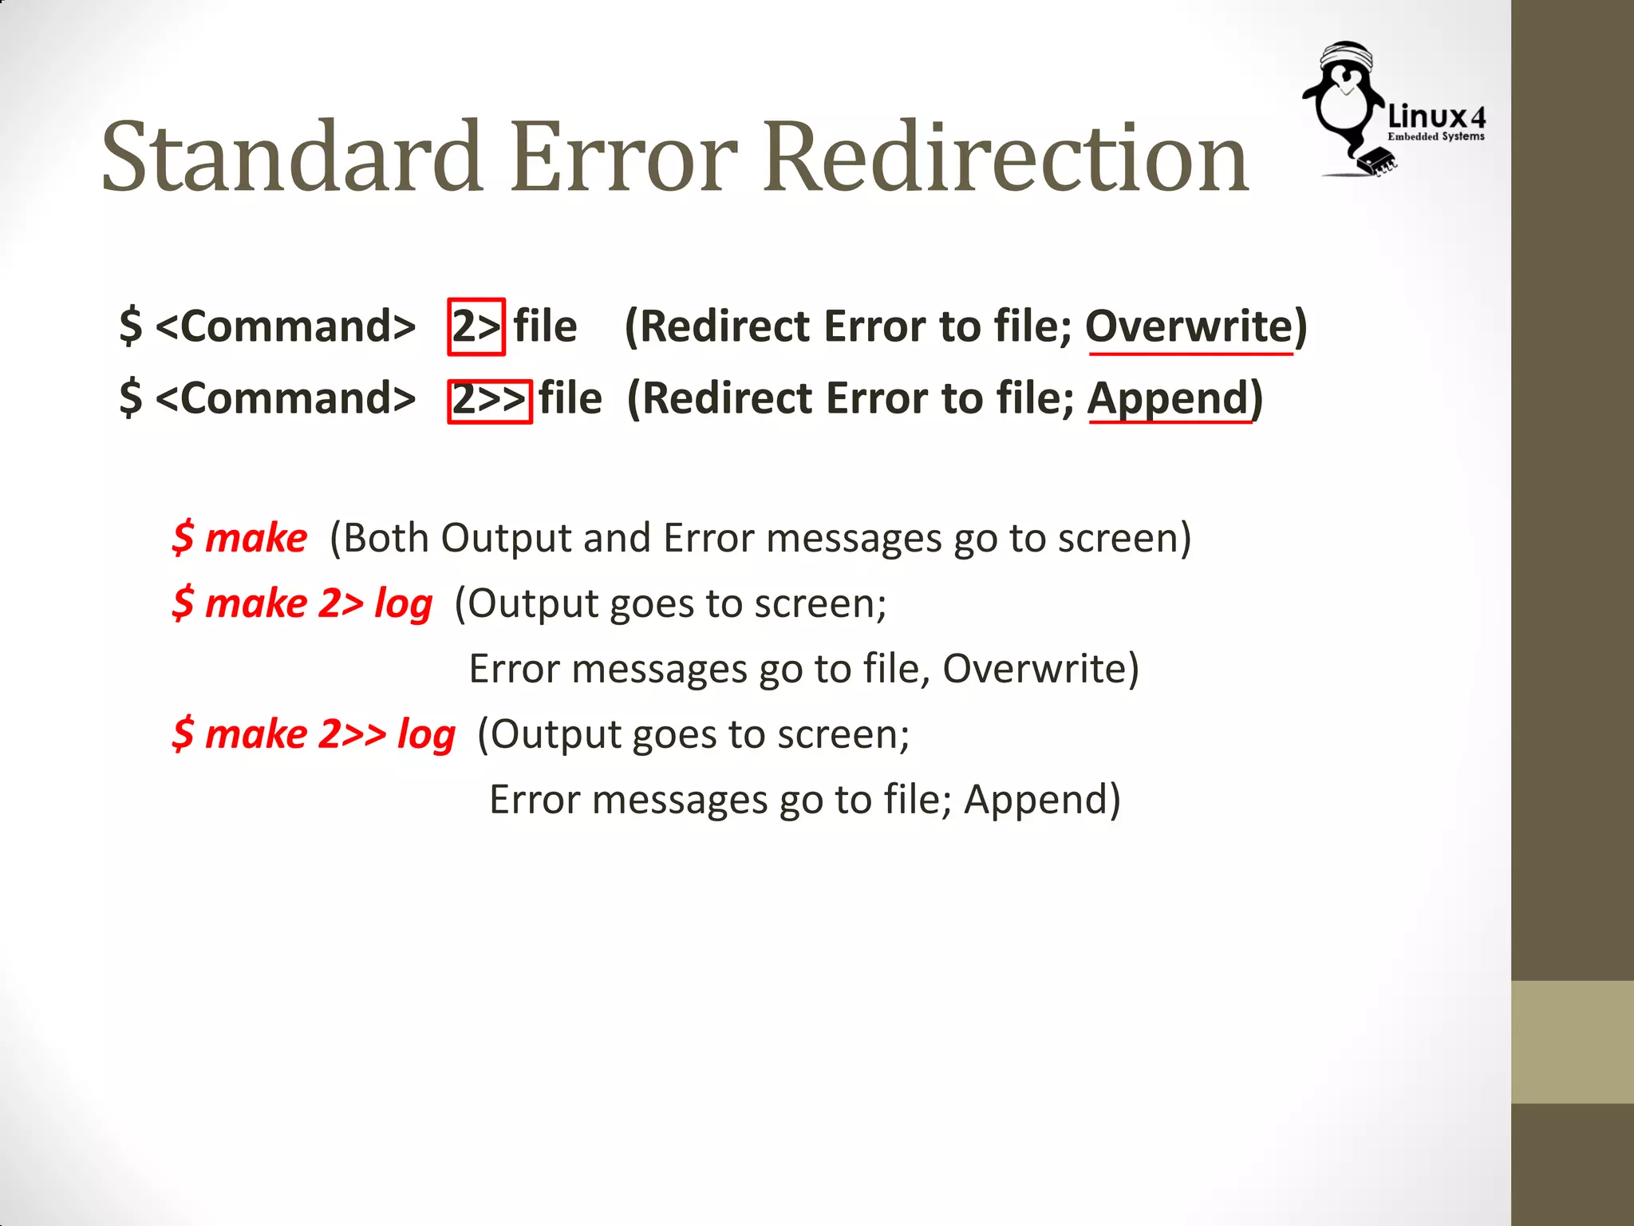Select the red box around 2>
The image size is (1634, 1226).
[476, 326]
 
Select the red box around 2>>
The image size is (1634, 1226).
[489, 401]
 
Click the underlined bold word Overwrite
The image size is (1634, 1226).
[1188, 326]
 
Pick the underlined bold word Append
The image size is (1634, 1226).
[1168, 398]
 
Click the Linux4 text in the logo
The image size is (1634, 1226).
[1436, 117]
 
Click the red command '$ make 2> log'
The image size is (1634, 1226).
[302, 603]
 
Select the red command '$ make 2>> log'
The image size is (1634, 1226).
[314, 734]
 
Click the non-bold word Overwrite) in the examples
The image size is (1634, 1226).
[1040, 669]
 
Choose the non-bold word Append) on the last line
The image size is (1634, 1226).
[1042, 800]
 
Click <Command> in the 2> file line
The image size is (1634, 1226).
[286, 326]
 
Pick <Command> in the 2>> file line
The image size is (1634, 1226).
[286, 398]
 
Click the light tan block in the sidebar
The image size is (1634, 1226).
[1572, 1042]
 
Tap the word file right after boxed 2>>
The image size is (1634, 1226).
[570, 398]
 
